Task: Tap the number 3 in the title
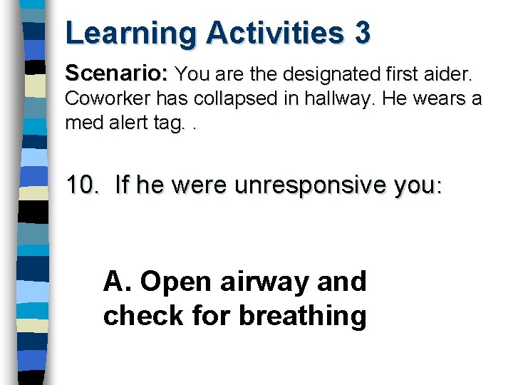click(361, 33)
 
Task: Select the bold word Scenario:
click(117, 73)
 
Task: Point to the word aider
click(450, 73)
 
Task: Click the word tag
click(172, 123)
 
